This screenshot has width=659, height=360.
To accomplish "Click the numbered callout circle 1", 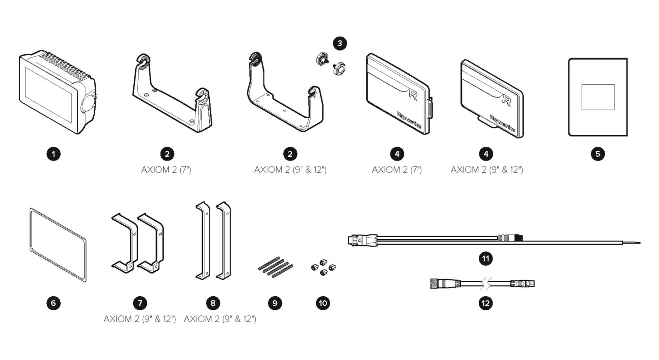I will coord(54,154).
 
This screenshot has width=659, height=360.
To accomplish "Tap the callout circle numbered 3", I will coord(340,43).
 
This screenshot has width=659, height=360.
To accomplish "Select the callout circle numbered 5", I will coord(598,154).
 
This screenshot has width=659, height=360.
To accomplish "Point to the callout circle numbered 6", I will coord(54,303).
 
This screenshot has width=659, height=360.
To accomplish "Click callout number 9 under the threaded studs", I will coord(275,303).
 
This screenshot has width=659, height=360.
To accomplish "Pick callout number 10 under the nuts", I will coord(323,303).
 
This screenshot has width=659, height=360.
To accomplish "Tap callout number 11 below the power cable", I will coord(486,259).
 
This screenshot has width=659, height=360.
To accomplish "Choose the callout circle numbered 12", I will coord(486,303).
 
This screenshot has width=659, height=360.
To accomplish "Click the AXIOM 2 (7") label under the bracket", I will coord(166,170).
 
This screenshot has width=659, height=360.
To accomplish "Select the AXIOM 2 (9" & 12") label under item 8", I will coord(220,319).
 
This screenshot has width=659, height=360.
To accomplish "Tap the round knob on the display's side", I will coord(88,103).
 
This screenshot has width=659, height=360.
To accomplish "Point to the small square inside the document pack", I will coord(598,97).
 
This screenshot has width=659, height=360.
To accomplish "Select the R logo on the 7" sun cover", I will coord(413,94).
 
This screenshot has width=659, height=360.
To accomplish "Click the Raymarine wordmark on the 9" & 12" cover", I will coord(502,124).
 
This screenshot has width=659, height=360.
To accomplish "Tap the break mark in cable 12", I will coord(486,284).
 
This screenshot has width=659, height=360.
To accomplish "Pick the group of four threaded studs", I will coord(275,267).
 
